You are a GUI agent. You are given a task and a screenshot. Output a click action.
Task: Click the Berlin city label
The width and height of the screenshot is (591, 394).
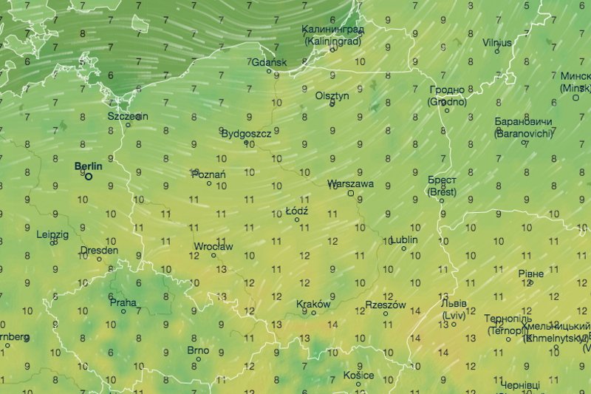click(x=89, y=166)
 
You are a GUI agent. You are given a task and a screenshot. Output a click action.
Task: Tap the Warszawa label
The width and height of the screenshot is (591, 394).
click(x=352, y=183)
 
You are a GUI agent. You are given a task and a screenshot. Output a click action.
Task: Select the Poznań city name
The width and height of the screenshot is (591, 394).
click(x=208, y=174)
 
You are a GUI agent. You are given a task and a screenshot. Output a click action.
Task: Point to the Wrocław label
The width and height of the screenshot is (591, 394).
click(x=213, y=246)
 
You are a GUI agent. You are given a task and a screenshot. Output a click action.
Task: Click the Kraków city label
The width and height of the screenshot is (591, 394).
click(x=313, y=304)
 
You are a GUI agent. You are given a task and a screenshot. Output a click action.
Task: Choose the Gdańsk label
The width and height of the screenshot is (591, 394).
click(x=270, y=62)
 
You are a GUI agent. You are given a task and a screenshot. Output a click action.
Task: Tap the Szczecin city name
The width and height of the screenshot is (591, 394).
click(x=128, y=116)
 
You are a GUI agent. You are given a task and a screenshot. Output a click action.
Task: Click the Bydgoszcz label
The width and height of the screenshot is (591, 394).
click(x=246, y=133)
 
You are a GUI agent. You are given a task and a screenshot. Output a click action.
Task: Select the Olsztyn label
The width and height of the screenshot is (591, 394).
click(x=332, y=95)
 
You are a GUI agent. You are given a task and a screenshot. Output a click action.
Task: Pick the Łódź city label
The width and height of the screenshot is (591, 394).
click(x=296, y=211)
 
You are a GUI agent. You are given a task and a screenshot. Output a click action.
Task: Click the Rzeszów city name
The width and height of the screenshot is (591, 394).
click(x=386, y=304)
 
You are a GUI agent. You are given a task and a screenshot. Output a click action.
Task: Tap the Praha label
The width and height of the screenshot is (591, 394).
click(x=123, y=302)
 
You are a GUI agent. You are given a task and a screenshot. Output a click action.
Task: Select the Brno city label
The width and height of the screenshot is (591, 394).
click(x=198, y=350)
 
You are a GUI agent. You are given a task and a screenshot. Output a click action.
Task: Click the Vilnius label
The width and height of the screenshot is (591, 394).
click(x=497, y=42)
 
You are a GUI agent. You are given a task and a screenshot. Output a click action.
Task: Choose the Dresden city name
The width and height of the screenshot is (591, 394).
click(x=99, y=250)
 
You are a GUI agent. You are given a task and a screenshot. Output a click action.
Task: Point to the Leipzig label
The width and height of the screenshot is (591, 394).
click(x=52, y=234)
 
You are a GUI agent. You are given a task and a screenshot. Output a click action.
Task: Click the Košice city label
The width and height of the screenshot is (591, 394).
click(x=360, y=376)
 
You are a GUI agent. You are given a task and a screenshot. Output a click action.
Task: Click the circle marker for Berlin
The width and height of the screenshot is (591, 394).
click(x=89, y=177)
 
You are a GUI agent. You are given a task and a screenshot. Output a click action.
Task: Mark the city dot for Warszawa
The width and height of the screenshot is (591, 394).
click(x=351, y=194)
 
